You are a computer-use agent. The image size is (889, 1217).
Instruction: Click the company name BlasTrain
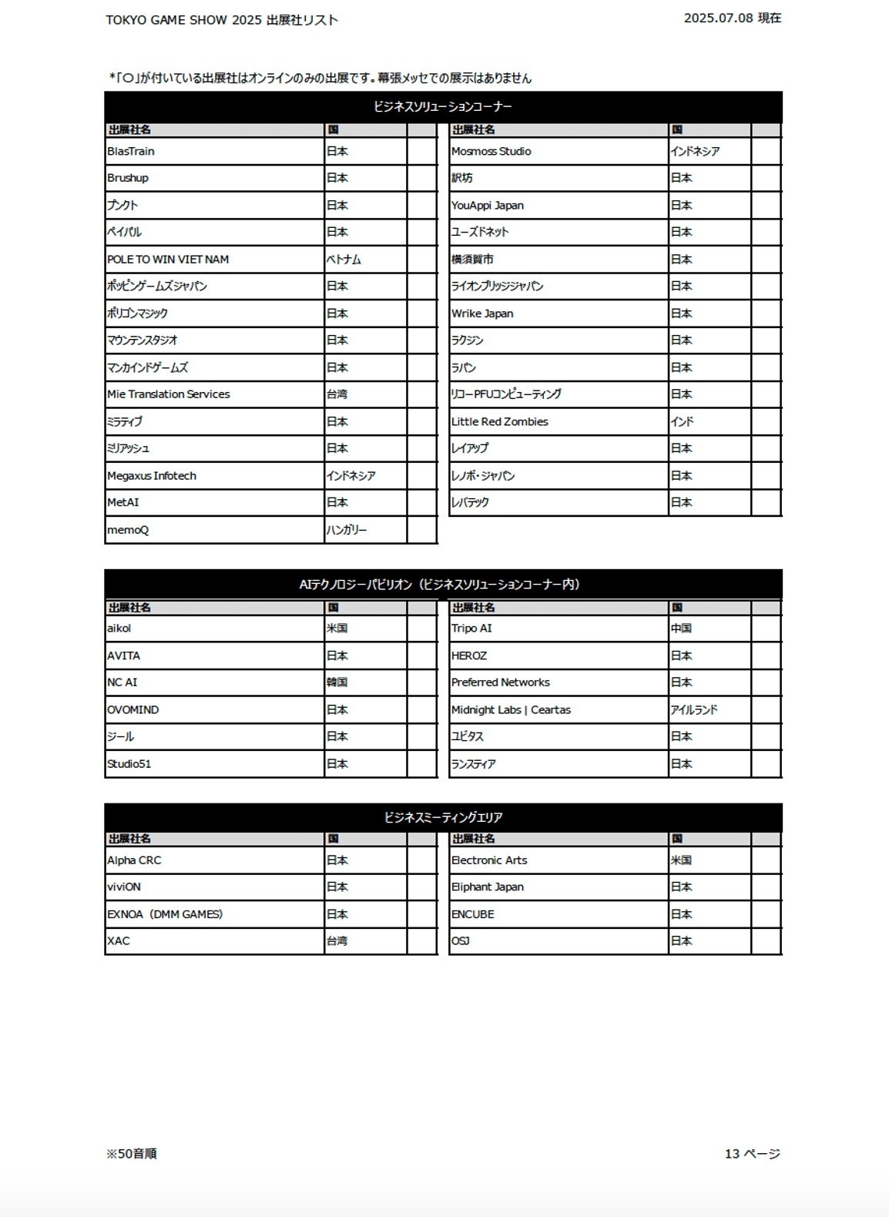point(131,152)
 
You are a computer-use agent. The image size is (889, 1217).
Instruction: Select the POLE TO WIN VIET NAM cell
point(168,260)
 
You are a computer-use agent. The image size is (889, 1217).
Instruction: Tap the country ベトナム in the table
point(344,260)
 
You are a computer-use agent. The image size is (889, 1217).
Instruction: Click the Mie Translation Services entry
point(169,394)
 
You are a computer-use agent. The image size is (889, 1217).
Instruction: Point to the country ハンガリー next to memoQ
point(347,530)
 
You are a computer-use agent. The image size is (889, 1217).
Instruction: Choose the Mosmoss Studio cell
point(491,152)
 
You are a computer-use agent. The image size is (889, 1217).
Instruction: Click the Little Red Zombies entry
point(500,422)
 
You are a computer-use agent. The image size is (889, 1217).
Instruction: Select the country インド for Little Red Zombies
point(682,422)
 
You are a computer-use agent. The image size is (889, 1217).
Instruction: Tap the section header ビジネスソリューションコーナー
point(443,107)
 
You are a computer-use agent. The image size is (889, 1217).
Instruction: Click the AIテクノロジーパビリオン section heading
point(439,585)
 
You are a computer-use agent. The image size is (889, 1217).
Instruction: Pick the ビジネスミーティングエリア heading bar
point(443,817)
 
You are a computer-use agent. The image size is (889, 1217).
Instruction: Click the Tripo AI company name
point(471,629)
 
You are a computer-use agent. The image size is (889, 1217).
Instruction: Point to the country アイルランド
point(693,710)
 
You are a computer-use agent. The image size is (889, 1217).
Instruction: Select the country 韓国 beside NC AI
point(337,682)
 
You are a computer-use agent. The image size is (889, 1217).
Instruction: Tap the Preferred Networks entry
point(501,682)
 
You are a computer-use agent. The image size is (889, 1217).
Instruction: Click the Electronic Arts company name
point(489,860)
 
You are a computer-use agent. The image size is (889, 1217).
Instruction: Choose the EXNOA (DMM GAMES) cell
point(165,914)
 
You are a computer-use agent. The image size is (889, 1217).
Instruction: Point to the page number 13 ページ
point(752,1154)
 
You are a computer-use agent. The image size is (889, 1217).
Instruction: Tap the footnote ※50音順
point(132,1154)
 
